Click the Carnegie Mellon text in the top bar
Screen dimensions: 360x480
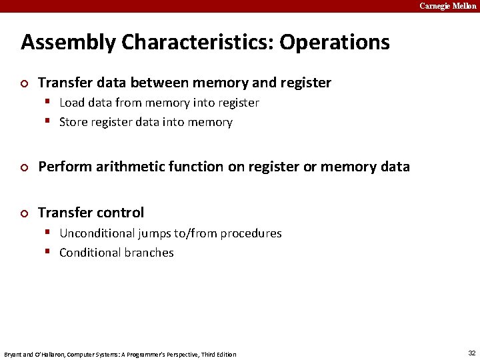tap(447, 6)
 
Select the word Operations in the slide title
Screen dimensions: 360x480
tap(335, 43)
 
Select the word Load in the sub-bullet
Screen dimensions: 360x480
tap(71, 103)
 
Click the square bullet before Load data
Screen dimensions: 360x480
tap(49, 103)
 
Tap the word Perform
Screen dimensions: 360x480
tap(63, 167)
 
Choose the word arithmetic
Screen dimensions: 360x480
tap(125, 167)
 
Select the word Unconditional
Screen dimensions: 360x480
tap(97, 233)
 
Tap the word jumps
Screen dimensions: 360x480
tap(153, 233)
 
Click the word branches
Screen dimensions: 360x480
tap(149, 253)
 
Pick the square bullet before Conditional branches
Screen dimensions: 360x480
tap(49, 253)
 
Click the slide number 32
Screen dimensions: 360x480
tap(471, 353)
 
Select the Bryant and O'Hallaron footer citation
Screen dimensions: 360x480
tap(120, 354)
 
